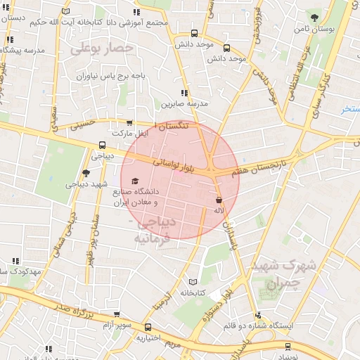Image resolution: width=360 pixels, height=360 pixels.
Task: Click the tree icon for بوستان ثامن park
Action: click(x=314, y=18)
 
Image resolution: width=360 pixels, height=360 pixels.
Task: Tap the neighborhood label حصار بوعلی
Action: click(x=102, y=48)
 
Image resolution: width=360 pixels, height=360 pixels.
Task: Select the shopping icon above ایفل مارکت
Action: click(x=129, y=122)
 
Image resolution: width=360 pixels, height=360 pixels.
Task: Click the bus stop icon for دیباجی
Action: click(x=103, y=146)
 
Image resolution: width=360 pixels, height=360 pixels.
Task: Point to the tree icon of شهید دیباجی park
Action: click(x=86, y=172)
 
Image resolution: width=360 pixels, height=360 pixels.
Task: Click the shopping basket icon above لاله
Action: click(x=219, y=200)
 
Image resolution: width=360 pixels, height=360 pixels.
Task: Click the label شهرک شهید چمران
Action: click(x=275, y=276)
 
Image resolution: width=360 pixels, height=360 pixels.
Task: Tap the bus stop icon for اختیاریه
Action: click(x=148, y=328)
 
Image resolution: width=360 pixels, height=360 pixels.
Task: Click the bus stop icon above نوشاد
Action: click(x=288, y=346)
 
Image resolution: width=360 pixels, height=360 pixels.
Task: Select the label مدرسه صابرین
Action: click(x=184, y=103)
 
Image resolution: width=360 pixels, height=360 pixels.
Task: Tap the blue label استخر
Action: click(x=350, y=109)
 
